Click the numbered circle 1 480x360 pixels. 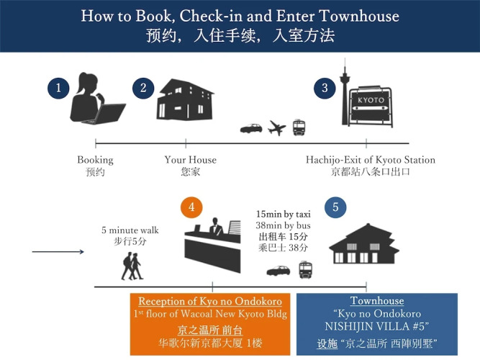[x=58, y=89]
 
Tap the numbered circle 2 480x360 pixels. [x=143, y=89]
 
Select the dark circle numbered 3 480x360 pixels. [x=325, y=89]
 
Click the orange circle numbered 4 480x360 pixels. [x=191, y=207]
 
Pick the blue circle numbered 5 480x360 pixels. [x=335, y=207]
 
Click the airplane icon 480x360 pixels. [x=277, y=127]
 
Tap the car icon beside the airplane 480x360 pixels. [x=251, y=128]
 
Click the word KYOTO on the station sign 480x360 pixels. [x=371, y=100]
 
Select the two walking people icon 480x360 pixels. [x=132, y=266]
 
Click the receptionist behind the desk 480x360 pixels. [x=216, y=226]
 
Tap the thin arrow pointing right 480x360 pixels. [x=58, y=252]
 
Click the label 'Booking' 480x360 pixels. [x=95, y=160]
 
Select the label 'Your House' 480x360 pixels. [x=191, y=160]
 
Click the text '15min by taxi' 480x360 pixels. [x=283, y=214]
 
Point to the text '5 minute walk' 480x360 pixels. [x=130, y=230]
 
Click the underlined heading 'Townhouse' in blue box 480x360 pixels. [x=377, y=301]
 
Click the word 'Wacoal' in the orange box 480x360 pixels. [x=196, y=314]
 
